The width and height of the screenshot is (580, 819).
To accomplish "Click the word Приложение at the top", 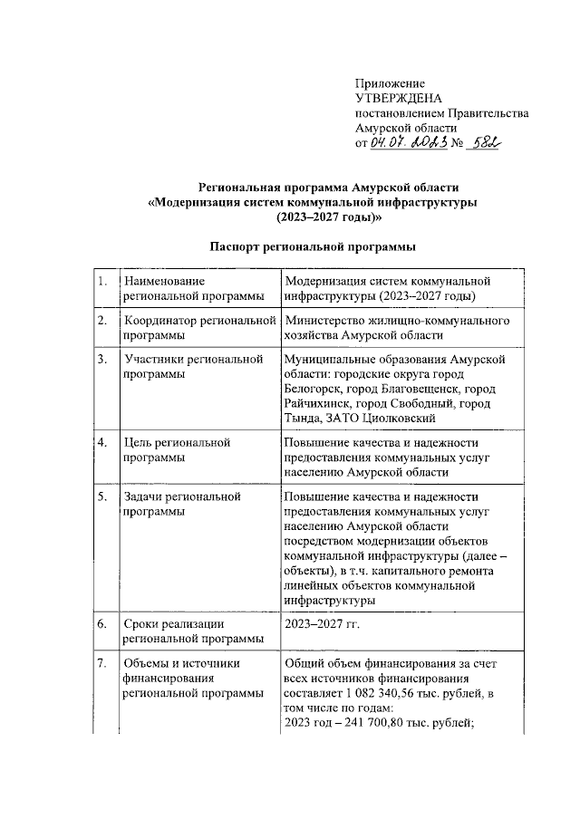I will click(x=385, y=84).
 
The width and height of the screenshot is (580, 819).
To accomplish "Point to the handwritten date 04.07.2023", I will click(x=409, y=142).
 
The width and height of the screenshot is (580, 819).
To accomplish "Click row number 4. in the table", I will click(x=105, y=442).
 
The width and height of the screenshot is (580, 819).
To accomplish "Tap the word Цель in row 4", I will click(x=139, y=442).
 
